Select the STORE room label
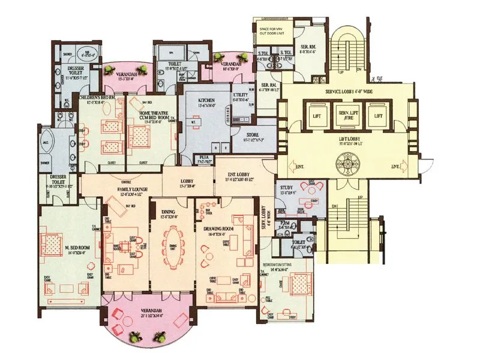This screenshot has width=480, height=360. coord(252,134)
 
